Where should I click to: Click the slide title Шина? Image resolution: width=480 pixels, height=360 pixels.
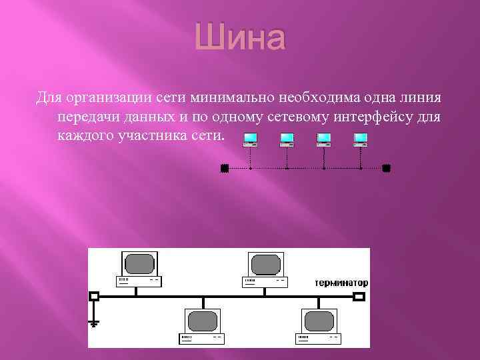(240, 39)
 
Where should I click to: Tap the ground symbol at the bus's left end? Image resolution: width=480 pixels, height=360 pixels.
(94, 323)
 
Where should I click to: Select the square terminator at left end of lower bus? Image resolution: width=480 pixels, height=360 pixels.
(94, 295)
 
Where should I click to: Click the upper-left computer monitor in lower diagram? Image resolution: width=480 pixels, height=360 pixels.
(140, 263)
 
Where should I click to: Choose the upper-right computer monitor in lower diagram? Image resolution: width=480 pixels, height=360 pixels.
(265, 263)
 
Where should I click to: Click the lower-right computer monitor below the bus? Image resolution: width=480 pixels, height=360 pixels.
(318, 321)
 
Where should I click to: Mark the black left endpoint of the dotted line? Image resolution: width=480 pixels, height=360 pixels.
(224, 168)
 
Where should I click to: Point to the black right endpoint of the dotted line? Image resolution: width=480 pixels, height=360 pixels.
(386, 168)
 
